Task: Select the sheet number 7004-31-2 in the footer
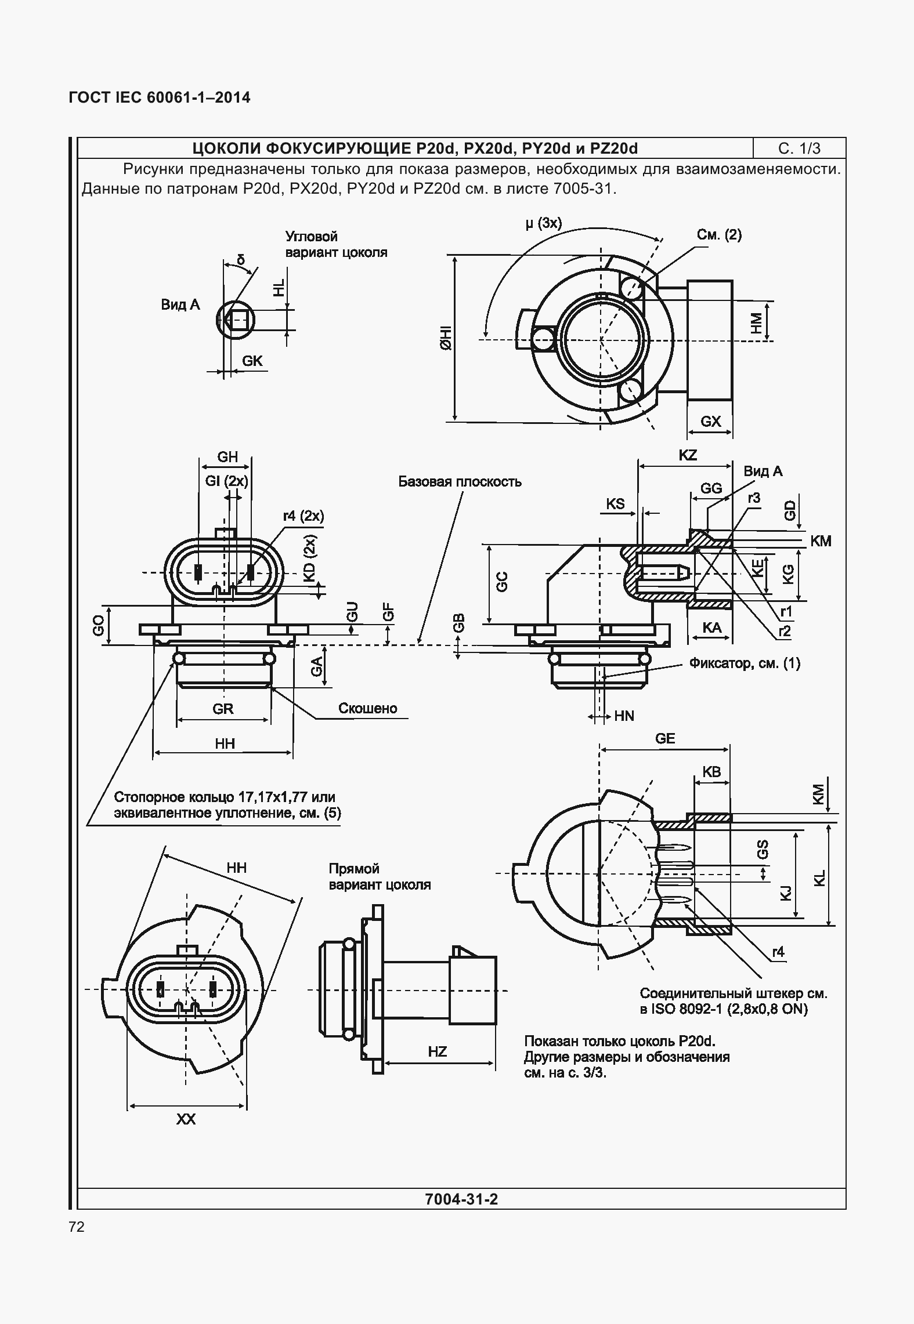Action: [461, 1199]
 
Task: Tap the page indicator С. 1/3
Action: [799, 148]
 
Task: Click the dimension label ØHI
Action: [446, 338]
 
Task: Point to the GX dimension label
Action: [710, 422]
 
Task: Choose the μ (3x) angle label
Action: [543, 223]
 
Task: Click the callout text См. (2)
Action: [719, 235]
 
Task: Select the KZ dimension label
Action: [687, 455]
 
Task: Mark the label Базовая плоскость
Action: [460, 482]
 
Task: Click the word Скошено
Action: [368, 709]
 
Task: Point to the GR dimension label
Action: [223, 709]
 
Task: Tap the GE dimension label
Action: [665, 738]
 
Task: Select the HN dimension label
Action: [624, 716]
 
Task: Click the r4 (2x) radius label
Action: [303, 516]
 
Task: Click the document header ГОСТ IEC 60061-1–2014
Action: [160, 97]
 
